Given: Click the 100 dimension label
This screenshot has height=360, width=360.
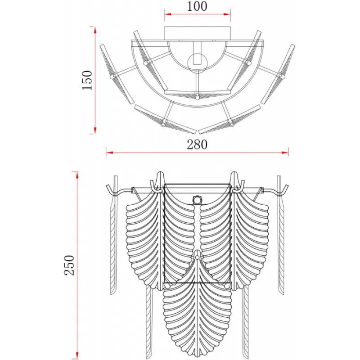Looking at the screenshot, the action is click(197, 6).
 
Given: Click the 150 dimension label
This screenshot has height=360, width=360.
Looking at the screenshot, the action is click(87, 80).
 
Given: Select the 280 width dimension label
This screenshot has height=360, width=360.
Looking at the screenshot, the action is click(197, 144).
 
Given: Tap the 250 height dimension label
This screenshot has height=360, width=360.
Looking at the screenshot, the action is click(69, 265).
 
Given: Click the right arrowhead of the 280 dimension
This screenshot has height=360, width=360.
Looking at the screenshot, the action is click(285, 153).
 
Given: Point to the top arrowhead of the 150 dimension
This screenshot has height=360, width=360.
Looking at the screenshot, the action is click(94, 30).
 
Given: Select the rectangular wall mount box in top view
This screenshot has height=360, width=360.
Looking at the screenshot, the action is click(197, 33).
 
